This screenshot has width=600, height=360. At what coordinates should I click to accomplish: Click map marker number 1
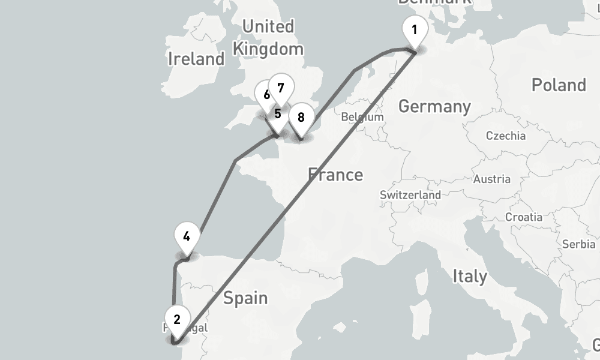click(x=414, y=30)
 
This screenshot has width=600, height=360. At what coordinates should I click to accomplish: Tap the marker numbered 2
click(x=176, y=319)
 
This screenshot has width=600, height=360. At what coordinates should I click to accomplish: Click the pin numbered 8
click(x=301, y=117)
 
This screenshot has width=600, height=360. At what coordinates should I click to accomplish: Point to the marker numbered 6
click(x=266, y=94)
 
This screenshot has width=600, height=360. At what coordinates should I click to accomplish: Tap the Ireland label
click(x=196, y=59)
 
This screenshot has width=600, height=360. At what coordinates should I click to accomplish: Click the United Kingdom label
click(x=268, y=37)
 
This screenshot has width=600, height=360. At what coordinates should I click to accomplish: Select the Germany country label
click(x=434, y=107)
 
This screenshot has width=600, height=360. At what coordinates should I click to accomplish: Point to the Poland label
click(x=558, y=85)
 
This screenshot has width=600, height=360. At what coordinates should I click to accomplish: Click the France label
click(x=335, y=175)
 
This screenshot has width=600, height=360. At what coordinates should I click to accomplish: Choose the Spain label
click(x=245, y=298)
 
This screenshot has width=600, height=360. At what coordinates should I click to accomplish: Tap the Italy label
click(x=470, y=277)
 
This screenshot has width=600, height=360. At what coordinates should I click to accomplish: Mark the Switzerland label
click(x=410, y=195)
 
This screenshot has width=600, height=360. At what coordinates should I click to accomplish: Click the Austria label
click(x=492, y=179)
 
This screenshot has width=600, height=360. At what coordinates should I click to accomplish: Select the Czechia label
click(x=506, y=136)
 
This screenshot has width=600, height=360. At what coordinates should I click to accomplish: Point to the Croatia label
click(x=524, y=217)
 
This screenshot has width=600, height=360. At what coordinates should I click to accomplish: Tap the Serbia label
click(x=579, y=244)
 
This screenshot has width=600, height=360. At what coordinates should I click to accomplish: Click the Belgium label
click(x=362, y=117)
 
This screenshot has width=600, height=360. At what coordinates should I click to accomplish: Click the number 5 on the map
click(x=277, y=113)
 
